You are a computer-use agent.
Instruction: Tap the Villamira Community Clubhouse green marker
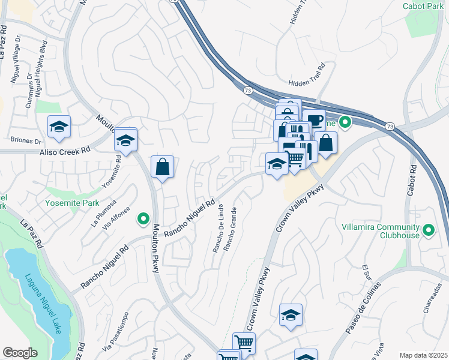(x=429, y=229)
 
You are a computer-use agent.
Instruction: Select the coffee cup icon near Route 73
(x=313, y=119)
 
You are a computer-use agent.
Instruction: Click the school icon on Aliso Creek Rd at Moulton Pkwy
(x=125, y=140)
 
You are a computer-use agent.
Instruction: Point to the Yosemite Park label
(x=72, y=203)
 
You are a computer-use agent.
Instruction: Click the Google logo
(x=20, y=353)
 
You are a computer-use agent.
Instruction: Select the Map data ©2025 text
(x=423, y=355)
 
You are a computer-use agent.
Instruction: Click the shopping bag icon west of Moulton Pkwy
(x=163, y=167)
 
